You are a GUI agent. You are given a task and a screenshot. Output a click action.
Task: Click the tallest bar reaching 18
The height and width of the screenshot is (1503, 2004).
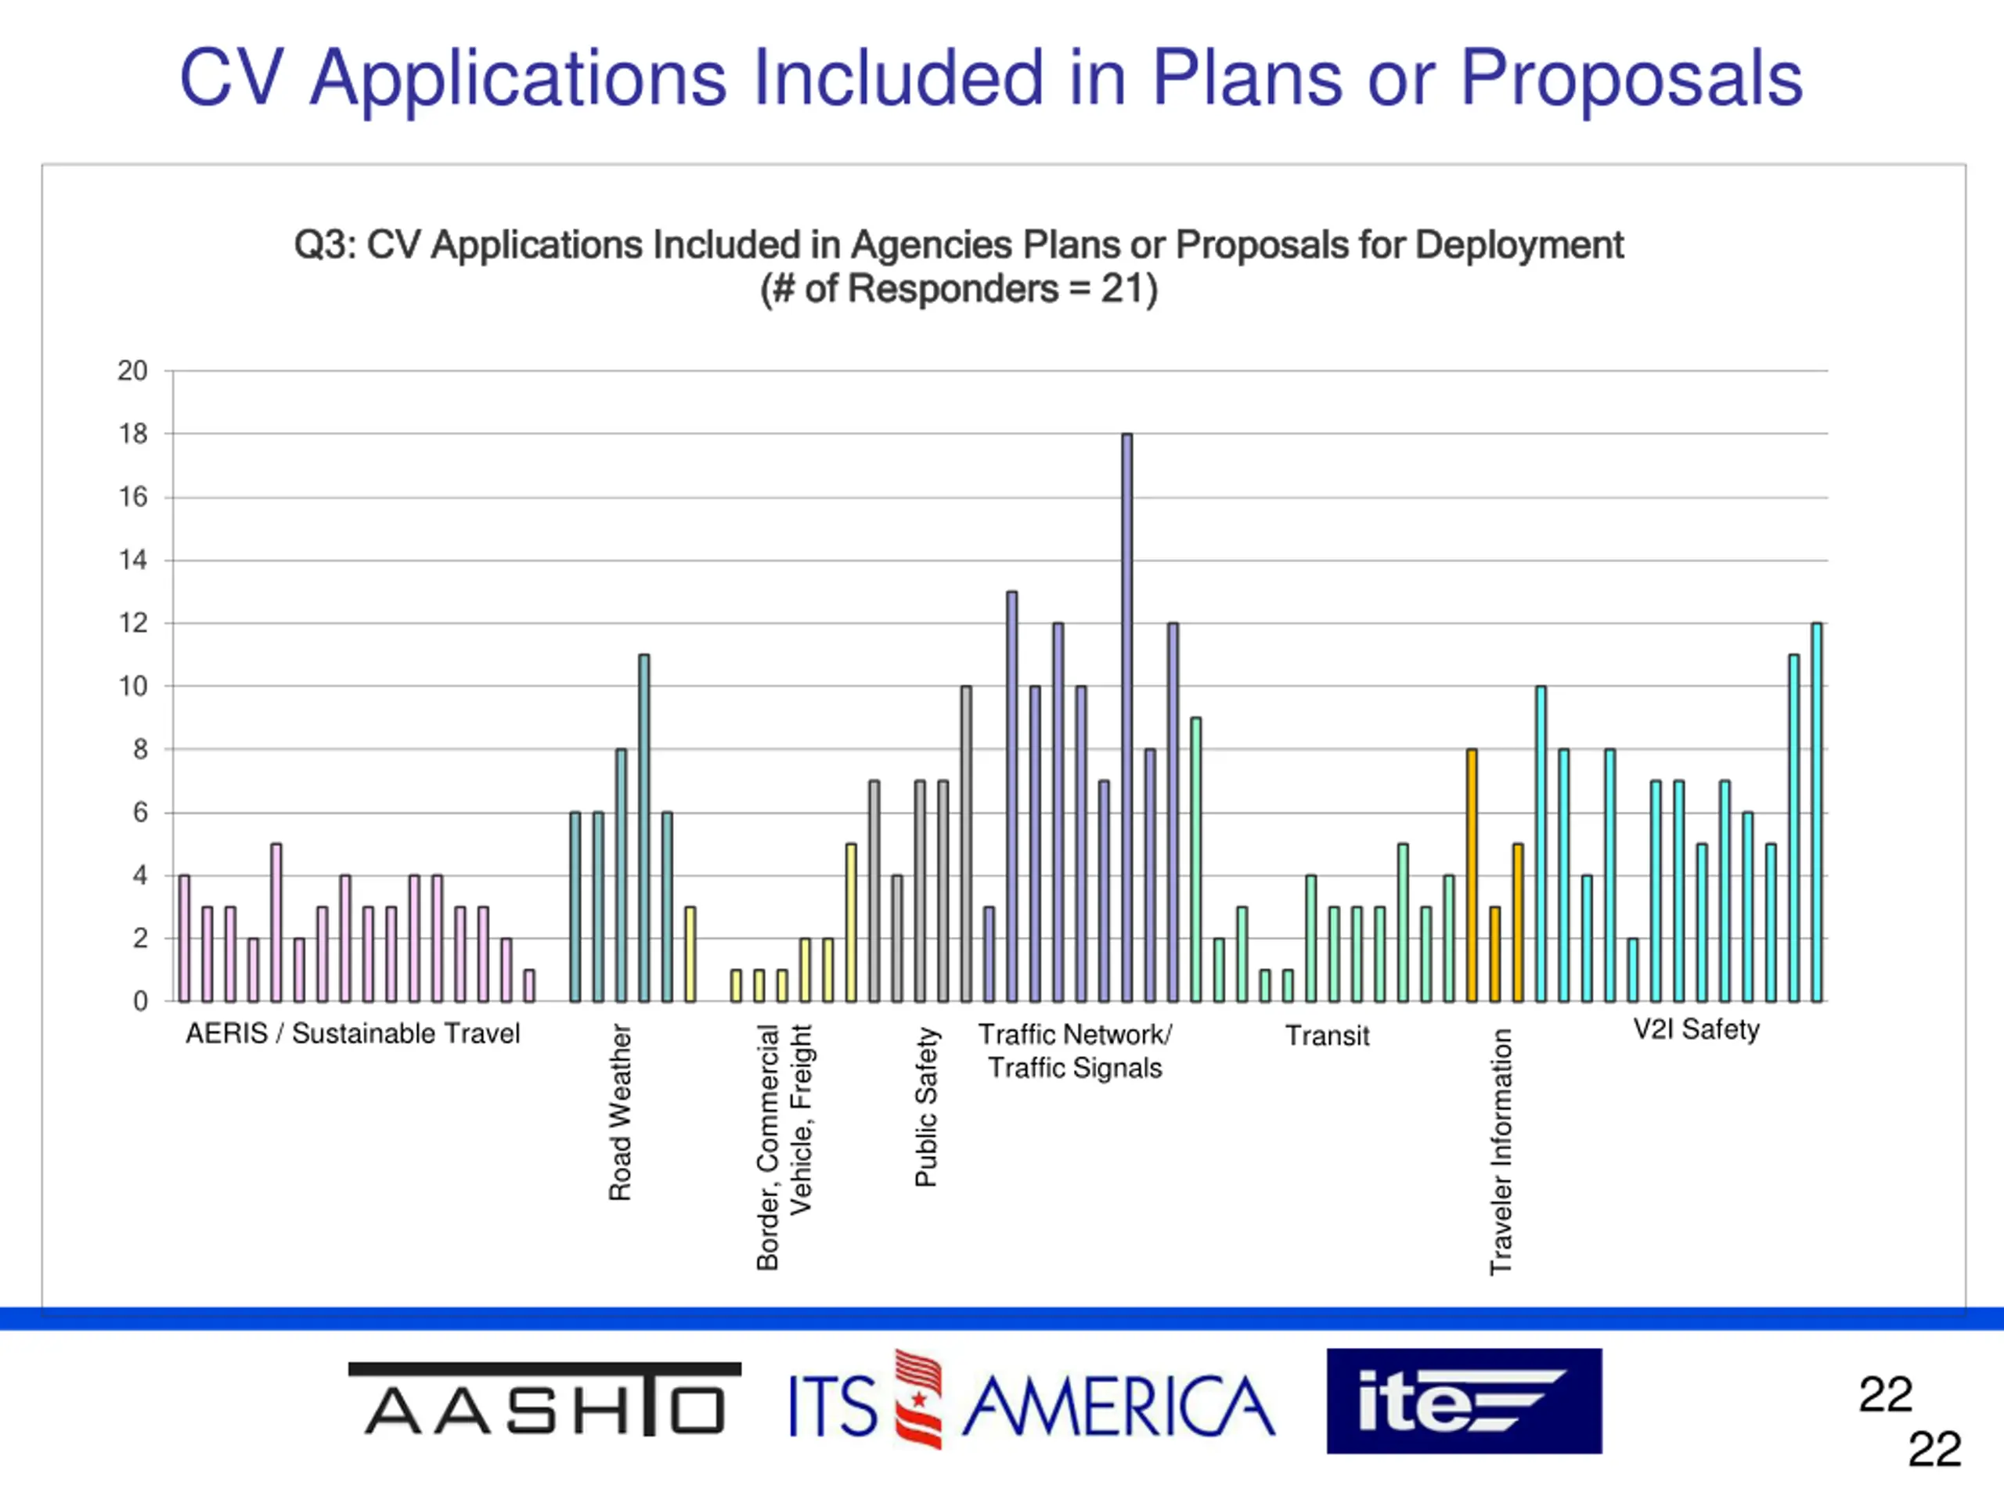(x=1127, y=718)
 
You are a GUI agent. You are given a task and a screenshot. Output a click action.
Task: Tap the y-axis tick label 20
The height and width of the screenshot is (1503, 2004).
(x=132, y=370)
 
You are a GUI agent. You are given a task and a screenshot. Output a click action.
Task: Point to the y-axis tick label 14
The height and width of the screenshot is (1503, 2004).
(x=132, y=560)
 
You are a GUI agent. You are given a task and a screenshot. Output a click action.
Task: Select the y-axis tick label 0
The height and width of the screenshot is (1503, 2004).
(x=140, y=1001)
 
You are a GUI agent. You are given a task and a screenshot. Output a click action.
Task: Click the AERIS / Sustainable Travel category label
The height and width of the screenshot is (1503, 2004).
(x=352, y=1034)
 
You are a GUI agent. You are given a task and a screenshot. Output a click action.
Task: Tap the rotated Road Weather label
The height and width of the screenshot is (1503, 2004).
(x=620, y=1112)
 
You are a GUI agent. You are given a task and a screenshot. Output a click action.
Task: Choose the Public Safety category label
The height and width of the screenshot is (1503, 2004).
(x=926, y=1106)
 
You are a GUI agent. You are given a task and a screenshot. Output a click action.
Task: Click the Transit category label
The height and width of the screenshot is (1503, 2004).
(x=1327, y=1036)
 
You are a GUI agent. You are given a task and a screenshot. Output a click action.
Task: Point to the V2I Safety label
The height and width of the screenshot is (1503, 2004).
(x=1696, y=1029)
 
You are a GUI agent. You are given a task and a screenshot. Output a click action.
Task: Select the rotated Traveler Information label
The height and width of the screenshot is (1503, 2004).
(x=1501, y=1152)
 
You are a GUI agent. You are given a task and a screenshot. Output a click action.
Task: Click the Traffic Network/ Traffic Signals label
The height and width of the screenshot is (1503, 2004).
(x=1076, y=1051)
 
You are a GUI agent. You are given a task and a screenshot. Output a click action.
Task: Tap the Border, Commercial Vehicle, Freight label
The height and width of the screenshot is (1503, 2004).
(x=784, y=1147)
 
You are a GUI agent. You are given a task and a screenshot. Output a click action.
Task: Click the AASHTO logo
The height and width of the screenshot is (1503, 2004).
(x=545, y=1400)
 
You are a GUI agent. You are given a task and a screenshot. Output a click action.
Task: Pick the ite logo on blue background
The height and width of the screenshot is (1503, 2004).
(x=1464, y=1401)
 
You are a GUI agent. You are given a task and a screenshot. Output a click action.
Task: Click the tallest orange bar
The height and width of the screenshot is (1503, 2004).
(x=1471, y=875)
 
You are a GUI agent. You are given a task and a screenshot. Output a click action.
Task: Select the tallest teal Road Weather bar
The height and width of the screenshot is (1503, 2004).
(x=643, y=828)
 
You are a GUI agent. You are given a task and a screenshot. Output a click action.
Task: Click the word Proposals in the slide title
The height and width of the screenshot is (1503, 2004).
(x=1631, y=79)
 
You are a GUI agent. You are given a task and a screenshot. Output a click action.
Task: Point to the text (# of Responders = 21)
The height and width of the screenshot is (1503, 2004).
(x=958, y=289)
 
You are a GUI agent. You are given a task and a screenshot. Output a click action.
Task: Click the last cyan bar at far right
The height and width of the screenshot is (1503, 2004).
(x=1816, y=813)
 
